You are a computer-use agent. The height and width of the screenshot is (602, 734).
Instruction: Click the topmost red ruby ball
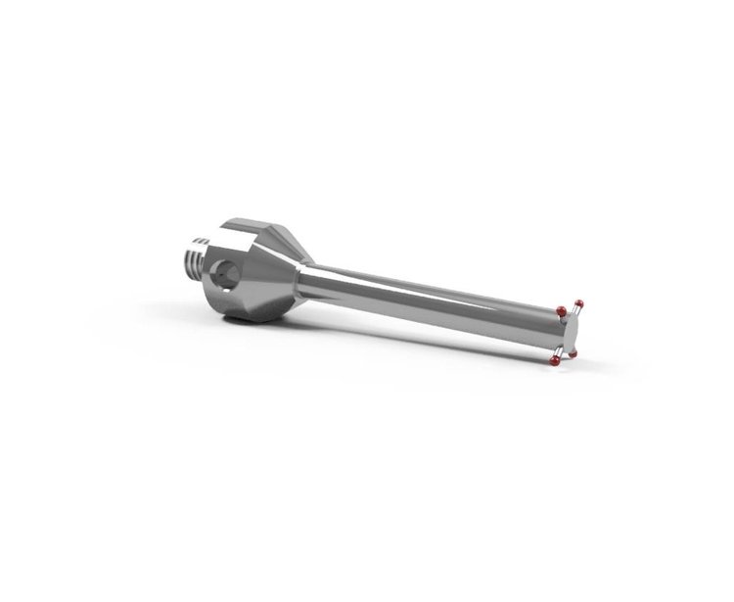(x=578, y=303)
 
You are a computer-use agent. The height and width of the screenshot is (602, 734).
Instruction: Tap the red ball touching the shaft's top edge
(x=562, y=311)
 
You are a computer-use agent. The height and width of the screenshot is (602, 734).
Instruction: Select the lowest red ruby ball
(x=554, y=361)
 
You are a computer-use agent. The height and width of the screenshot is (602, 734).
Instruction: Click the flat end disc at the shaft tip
(x=571, y=331)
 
